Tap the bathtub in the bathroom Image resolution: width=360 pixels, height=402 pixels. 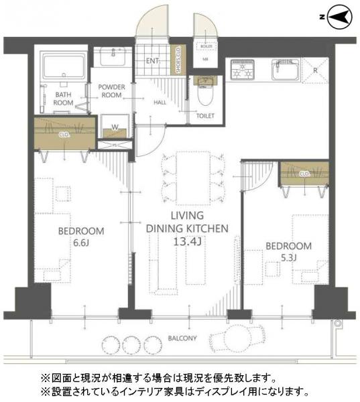coord(60,68)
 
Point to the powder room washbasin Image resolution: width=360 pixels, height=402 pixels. coord(111,57)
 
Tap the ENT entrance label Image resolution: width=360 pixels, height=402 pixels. coord(152,62)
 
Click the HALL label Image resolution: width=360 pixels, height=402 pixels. coord(160,103)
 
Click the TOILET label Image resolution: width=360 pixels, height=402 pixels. coord(205,116)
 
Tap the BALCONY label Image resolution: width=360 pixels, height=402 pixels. coord(182,338)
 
